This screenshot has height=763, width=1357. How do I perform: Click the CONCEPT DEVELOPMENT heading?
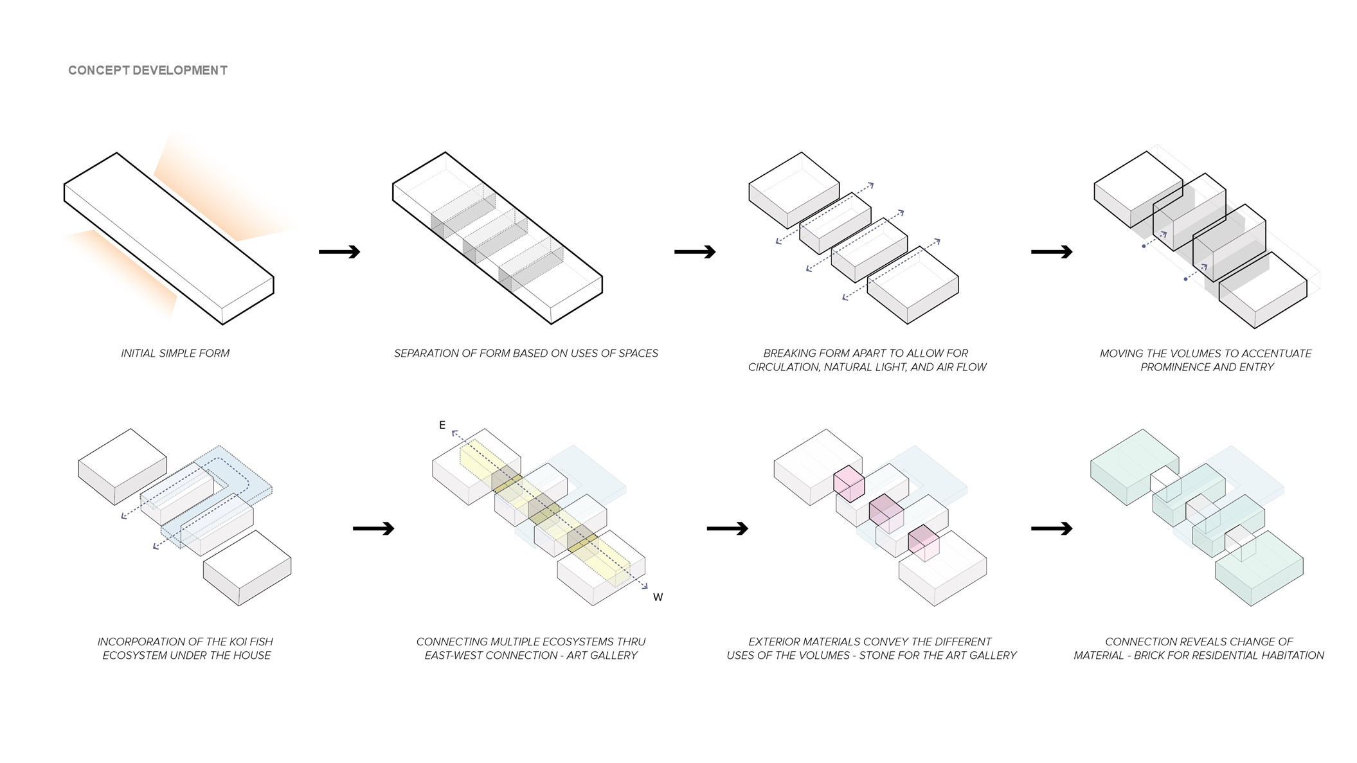click(x=148, y=70)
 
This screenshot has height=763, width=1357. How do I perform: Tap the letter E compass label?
click(x=442, y=425)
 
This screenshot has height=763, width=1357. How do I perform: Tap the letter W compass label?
click(x=658, y=597)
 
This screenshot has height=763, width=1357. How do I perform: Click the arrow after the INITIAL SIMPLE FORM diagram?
click(x=339, y=251)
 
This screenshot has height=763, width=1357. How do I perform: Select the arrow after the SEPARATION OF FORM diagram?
click(x=695, y=251)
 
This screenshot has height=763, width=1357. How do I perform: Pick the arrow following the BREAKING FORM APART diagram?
click(x=1052, y=251)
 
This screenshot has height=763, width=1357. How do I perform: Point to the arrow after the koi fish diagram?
click(x=373, y=528)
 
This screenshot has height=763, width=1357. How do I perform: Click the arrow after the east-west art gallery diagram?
click(x=728, y=528)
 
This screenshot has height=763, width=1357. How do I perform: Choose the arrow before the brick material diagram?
click(x=1052, y=528)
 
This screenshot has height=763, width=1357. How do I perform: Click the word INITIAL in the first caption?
click(x=139, y=353)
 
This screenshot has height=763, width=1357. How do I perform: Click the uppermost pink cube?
click(x=849, y=483)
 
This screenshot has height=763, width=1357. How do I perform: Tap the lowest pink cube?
click(x=924, y=543)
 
